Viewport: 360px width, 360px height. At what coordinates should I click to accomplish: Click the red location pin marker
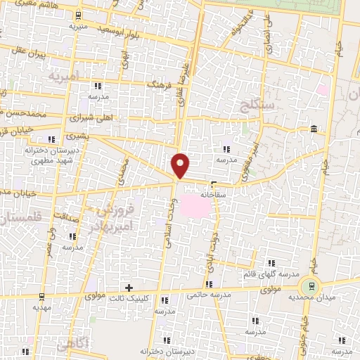181,164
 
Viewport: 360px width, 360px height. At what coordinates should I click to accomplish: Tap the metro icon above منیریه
78,15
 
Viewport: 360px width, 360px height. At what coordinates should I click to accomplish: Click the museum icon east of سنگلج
312,129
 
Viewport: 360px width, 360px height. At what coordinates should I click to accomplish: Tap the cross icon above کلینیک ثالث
128,288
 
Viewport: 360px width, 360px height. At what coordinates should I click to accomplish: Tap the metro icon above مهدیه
41,296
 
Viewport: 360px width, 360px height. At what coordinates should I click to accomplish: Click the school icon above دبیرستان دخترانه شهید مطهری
50,138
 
